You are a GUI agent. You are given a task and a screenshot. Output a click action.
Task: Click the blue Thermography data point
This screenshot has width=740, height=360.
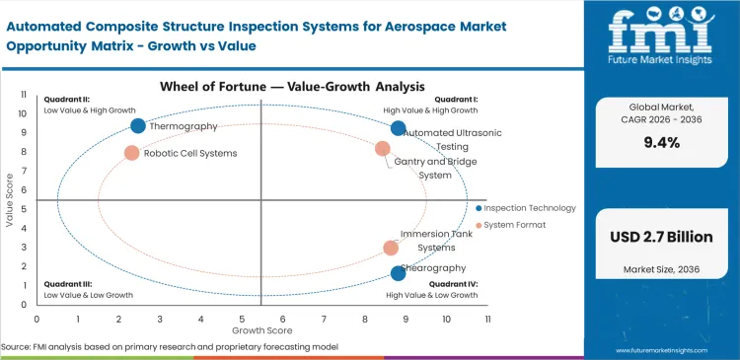click(138, 125)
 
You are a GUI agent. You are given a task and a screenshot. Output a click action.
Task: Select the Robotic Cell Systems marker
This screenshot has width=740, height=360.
click(131, 153)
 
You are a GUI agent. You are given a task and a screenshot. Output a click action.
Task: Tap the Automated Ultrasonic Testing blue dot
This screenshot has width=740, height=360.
click(398, 128)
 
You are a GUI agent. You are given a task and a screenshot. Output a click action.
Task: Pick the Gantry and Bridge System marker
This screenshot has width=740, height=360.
click(383, 149)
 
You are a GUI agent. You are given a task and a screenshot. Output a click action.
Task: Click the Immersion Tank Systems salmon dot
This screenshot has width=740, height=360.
click(391, 249)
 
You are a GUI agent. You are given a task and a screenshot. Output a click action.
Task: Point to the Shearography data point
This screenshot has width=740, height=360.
click(398, 273)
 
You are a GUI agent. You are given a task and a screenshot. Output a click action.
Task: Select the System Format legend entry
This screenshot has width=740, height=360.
click(516, 225)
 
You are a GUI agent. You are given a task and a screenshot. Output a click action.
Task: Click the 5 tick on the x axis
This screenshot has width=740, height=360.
click(242, 320)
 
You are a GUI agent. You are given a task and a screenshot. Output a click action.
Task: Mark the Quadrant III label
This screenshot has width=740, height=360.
click(66, 285)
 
